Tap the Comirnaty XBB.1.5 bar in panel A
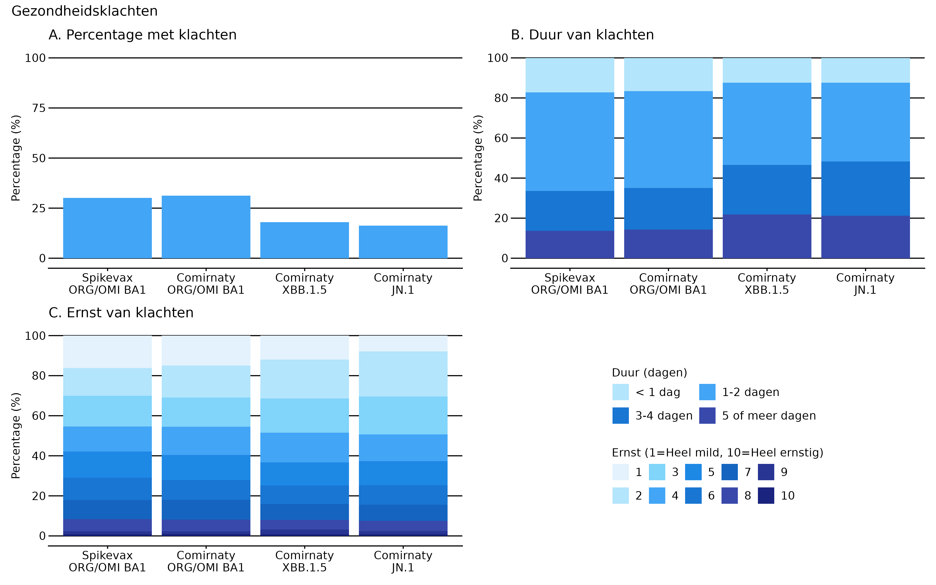[304, 240]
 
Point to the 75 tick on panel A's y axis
[39, 108]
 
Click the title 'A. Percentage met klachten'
[142, 35]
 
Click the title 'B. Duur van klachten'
[582, 35]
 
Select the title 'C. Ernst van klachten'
[121, 313]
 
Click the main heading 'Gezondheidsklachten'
[84, 11]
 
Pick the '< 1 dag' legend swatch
[620, 392]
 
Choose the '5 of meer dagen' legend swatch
[707, 416]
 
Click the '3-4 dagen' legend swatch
[620, 416]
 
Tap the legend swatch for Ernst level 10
[766, 495]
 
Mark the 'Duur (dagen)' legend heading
[649, 372]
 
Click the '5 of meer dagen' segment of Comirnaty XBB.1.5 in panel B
[767, 236]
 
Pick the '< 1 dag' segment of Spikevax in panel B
[570, 75]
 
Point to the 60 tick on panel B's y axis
[501, 138]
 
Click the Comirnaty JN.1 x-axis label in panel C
[403, 561]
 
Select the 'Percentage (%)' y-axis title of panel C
[15, 436]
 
